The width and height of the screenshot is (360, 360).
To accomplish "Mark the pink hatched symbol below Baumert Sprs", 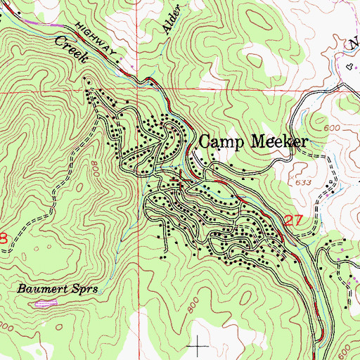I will (x=44, y=304).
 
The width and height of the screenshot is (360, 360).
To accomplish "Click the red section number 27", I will (x=294, y=221).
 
